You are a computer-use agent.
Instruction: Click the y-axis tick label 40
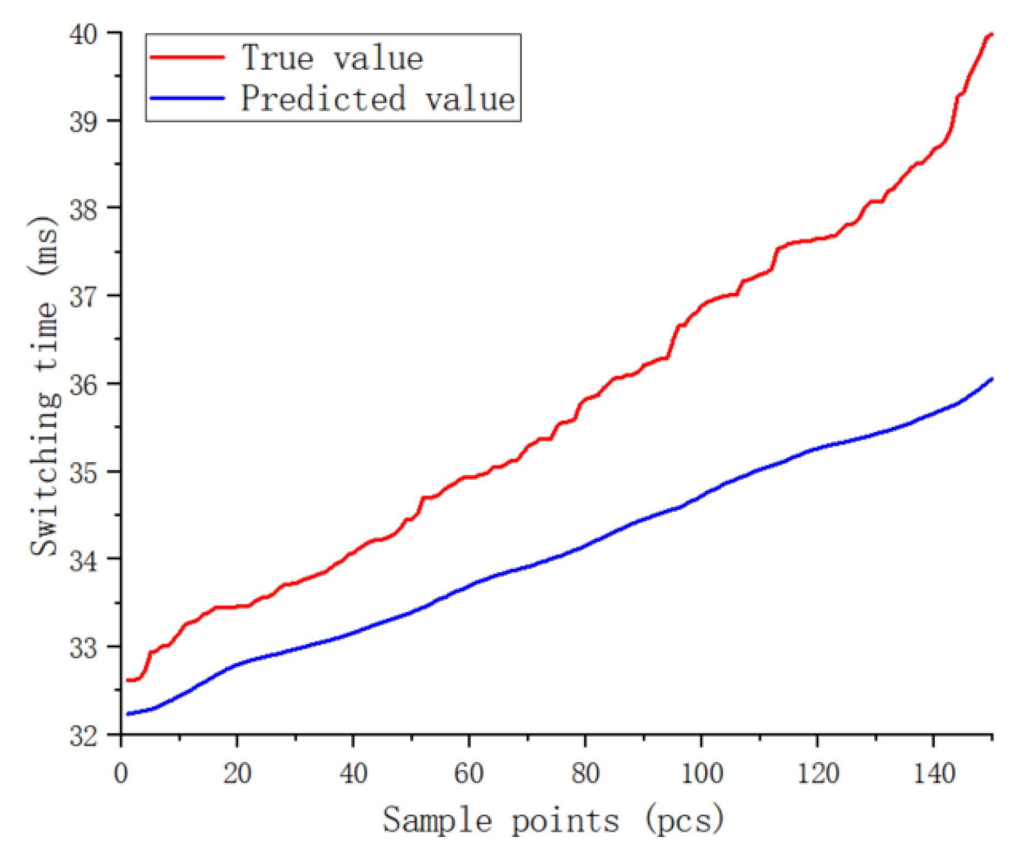84,34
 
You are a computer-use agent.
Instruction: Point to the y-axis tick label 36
84,384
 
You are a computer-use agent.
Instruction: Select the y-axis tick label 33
84,647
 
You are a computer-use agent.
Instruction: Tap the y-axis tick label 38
84,209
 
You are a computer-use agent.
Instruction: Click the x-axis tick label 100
701,773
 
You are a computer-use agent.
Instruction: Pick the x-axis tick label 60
469,773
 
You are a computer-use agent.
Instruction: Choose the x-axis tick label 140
934,773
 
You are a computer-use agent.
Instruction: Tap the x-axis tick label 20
237,773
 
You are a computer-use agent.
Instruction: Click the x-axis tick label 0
121,773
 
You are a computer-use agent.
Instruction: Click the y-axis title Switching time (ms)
44,386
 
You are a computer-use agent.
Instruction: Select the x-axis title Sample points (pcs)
553,821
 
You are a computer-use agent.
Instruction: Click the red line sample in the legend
187,57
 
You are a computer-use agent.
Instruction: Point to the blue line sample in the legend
187,98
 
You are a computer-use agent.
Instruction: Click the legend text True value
332,58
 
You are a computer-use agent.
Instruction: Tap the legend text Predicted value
378,99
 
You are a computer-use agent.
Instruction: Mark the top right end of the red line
991,35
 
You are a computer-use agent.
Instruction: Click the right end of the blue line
991,379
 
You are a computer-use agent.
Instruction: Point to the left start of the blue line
128,714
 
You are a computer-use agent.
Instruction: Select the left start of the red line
128,680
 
